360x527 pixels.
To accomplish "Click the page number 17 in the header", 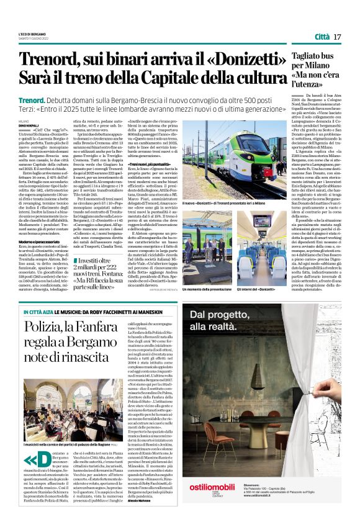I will point(338,37).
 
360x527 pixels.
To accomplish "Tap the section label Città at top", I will point(322,37).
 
